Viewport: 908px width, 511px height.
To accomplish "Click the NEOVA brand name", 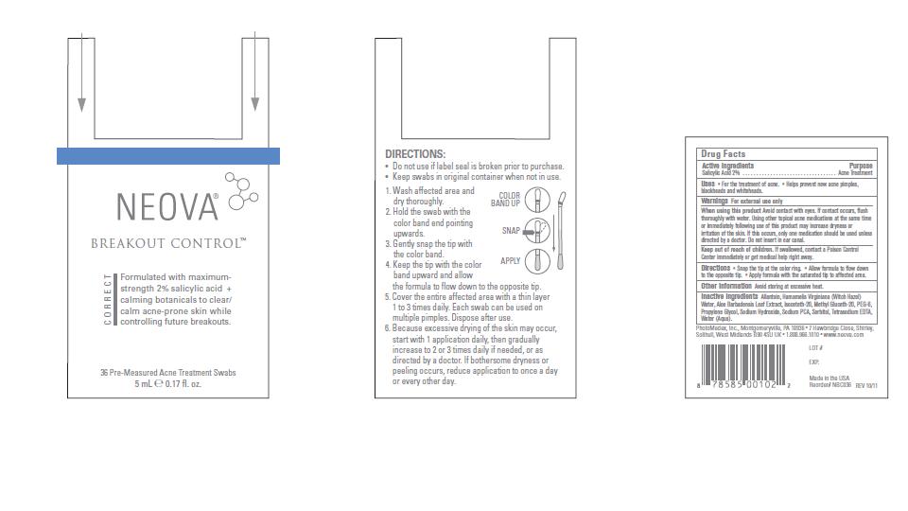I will coord(166,205).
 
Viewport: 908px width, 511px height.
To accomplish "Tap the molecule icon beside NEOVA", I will coord(241,187).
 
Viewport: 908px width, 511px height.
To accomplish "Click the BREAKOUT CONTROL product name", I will coord(168,243).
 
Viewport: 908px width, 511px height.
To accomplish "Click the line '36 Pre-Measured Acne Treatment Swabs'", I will coord(168,373).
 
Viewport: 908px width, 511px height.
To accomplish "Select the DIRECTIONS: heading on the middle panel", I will coord(415,153).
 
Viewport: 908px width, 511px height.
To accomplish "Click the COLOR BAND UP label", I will coord(506,200).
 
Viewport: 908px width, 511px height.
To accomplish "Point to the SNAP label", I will coord(512,230).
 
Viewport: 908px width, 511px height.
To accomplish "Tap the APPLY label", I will coord(510,260).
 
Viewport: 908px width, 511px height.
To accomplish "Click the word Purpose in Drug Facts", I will coord(861,166).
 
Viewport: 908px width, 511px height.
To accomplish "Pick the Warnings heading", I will coord(714,201).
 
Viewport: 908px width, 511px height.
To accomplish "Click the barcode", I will coord(743,362).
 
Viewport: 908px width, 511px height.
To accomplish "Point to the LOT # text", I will coord(816,348).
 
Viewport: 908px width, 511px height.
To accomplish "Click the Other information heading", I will coord(726,285).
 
